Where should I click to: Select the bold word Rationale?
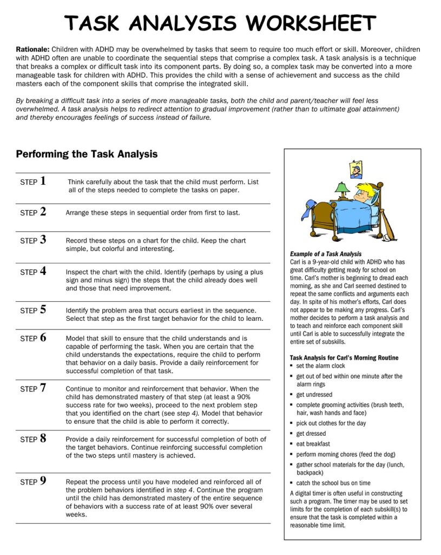[33, 49]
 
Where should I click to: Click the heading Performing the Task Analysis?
[87, 154]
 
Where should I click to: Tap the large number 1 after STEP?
[43, 181]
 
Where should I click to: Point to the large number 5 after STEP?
[43, 309]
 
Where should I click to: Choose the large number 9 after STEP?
[43, 480]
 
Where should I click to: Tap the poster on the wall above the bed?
[356, 170]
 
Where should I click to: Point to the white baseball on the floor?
[392, 237]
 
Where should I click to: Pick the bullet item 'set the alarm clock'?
[320, 366]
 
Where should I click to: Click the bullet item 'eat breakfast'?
[313, 444]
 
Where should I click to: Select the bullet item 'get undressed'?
[314, 395]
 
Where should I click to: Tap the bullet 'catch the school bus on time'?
[333, 483]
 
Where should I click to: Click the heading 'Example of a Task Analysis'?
[326, 254]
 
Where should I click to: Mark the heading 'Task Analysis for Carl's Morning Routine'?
[344, 358]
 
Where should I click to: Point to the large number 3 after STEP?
[43, 239]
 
